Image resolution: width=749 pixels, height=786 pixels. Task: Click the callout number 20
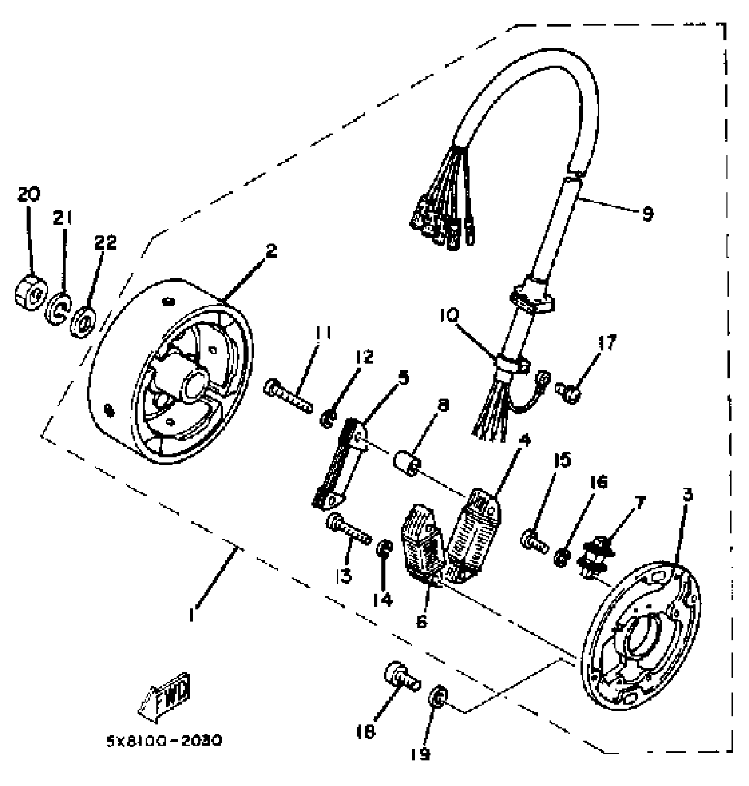click(29, 194)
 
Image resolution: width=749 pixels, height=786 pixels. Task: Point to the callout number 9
click(647, 214)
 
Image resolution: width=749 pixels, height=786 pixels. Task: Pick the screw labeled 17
click(569, 393)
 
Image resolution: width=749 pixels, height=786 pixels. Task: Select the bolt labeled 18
click(402, 682)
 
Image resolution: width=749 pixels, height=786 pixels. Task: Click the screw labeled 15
click(534, 541)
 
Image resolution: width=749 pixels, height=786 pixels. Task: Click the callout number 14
click(383, 599)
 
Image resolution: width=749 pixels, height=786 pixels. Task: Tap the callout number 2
click(271, 251)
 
